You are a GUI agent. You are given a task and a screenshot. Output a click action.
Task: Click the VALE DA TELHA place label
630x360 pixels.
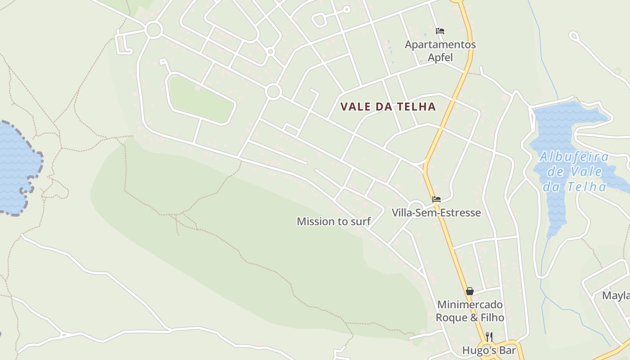pyautogui.click(x=388, y=107)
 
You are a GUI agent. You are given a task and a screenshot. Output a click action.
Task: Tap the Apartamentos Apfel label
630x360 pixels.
pyautogui.click(x=440, y=51)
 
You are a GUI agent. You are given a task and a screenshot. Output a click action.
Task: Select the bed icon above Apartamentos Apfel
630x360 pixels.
pyautogui.click(x=440, y=31)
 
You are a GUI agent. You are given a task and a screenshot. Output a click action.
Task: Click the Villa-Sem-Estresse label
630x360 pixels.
pyautogui.click(x=436, y=212)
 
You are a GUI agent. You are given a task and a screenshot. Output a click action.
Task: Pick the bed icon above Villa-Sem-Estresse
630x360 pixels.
pyautogui.click(x=436, y=199)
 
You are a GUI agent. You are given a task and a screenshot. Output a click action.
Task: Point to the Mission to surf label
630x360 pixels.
pyautogui.click(x=333, y=221)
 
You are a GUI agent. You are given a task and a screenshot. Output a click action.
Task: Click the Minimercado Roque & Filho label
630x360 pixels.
pyautogui.click(x=470, y=311)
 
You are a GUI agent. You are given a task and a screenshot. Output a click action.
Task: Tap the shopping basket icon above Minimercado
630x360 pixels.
pyautogui.click(x=470, y=291)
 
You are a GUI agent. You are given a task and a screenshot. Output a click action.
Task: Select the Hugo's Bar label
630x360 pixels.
pyautogui.click(x=489, y=350)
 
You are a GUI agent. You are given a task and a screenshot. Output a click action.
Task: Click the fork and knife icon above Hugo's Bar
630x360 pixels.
pyautogui.click(x=489, y=337)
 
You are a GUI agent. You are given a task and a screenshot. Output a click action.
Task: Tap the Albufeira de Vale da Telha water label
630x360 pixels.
pyautogui.click(x=574, y=171)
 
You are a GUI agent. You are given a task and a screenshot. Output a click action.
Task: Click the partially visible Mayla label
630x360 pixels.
pyautogui.click(x=616, y=296)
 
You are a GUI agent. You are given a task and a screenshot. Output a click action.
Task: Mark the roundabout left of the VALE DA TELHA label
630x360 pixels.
pyautogui.click(x=273, y=92)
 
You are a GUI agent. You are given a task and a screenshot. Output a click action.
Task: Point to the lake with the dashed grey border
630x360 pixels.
pyautogui.click(x=16, y=166)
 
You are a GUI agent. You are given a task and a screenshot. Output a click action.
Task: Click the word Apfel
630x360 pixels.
pyautogui.click(x=440, y=58)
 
